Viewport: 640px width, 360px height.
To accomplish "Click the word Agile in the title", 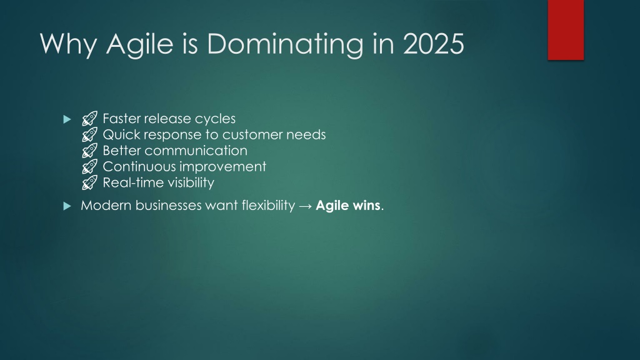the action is [x=139, y=44].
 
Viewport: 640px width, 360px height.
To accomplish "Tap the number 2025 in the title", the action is [x=434, y=43].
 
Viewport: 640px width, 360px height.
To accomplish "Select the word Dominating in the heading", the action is [x=285, y=44].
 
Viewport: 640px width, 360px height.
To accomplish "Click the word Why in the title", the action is [x=69, y=44].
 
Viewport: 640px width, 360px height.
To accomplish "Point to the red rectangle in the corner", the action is [x=566, y=30].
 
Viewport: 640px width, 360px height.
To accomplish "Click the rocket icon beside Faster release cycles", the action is [x=90, y=118].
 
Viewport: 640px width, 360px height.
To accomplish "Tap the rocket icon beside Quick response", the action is [x=90, y=134].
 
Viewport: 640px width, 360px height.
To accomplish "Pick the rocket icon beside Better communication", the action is [x=90, y=150].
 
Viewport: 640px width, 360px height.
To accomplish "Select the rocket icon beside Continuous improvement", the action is [x=90, y=166].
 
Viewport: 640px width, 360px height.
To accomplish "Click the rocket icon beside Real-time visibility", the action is [x=90, y=182].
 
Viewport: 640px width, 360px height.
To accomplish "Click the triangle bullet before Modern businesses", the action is [x=67, y=206].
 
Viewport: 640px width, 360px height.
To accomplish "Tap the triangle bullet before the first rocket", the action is [x=67, y=119].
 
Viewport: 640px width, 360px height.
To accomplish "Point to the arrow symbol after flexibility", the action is [x=305, y=206].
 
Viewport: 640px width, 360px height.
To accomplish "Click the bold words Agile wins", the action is [x=348, y=205].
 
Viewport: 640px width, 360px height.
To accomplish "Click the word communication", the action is [x=196, y=151].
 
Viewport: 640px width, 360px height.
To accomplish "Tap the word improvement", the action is [x=226, y=167].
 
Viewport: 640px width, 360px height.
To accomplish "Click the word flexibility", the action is [x=268, y=205].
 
